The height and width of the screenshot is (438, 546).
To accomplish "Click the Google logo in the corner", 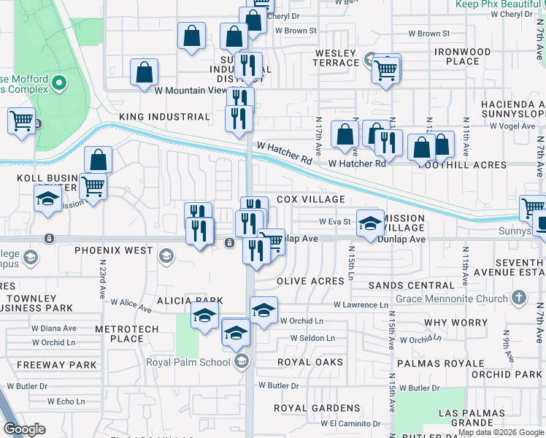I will [x=25, y=429].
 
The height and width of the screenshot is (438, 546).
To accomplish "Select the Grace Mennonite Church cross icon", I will [x=518, y=298].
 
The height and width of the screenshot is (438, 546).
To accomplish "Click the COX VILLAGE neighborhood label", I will [x=310, y=199].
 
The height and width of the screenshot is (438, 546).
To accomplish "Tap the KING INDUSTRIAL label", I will [x=164, y=117].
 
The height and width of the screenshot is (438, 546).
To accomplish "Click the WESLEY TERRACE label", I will [x=336, y=58].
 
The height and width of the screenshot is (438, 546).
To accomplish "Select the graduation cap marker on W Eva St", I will [x=370, y=223].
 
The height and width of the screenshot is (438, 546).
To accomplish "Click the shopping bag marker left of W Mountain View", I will [x=145, y=72].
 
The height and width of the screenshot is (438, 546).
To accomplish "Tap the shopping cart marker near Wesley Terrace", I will [x=385, y=70].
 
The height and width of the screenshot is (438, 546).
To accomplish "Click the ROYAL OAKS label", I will [x=309, y=362].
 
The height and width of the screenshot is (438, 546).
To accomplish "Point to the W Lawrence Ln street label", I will [x=361, y=304].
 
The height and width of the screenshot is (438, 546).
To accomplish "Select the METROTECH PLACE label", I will [x=127, y=334].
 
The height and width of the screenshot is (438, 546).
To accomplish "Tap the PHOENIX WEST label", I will [x=113, y=250].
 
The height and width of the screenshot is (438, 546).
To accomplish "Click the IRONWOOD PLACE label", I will [x=462, y=57].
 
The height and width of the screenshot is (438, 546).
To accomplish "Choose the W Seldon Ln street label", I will [x=312, y=338].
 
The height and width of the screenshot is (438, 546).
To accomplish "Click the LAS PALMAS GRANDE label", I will [x=472, y=417].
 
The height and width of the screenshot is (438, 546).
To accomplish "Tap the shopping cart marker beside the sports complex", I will [x=21, y=121].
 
